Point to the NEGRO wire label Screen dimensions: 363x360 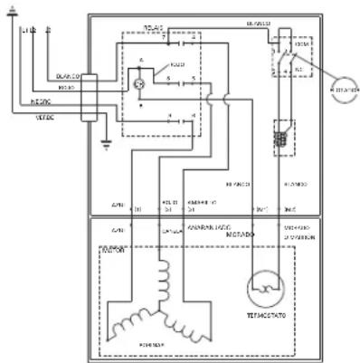coord(44,100)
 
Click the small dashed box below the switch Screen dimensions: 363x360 coord(281,141)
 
